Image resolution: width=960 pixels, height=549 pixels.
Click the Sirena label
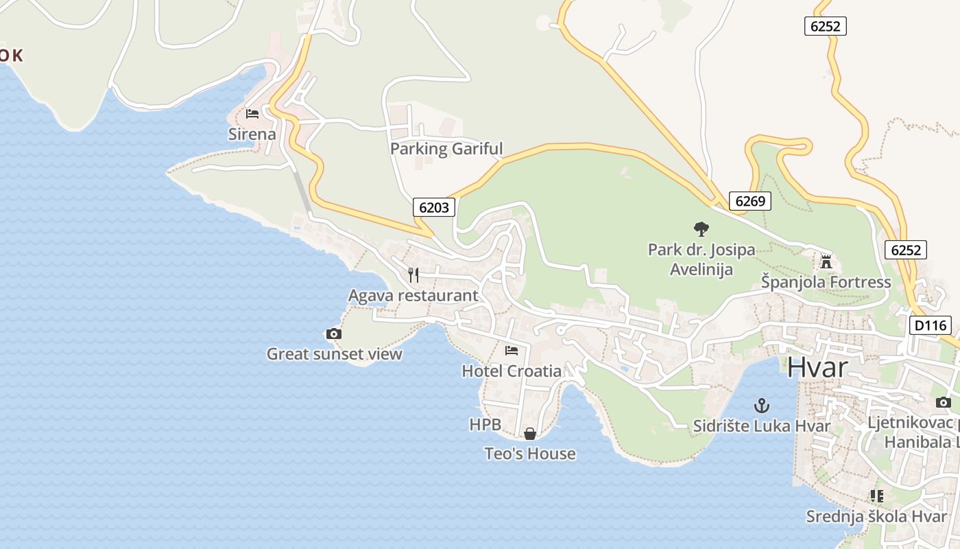coord(252,134)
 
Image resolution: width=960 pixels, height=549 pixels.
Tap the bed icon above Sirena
coord(252,113)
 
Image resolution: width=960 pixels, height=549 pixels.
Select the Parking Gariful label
coord(446,148)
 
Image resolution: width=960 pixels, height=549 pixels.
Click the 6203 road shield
coord(434,207)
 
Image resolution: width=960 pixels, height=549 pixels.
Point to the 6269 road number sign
coord(749,200)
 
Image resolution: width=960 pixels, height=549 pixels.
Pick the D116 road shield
coord(930,325)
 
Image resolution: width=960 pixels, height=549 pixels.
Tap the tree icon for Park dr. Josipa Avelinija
coord(701,229)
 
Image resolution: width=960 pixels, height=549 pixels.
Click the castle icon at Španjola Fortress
coord(826,261)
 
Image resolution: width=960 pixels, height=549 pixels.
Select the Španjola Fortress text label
coord(826,282)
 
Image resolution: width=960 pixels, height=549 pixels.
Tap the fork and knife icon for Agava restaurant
coord(413,275)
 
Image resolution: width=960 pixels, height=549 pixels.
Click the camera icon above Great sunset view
coord(334,334)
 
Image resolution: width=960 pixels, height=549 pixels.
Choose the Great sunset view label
coord(334,354)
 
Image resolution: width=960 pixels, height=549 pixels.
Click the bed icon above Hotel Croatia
coord(512,351)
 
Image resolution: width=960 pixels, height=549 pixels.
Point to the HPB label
coord(485,425)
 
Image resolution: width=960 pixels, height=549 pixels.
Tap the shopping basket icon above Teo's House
coord(530,434)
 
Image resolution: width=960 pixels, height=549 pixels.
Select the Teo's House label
coord(530,454)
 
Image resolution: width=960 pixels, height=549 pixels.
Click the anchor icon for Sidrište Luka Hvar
coord(761,406)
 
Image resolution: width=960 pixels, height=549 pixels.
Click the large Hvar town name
coord(817,367)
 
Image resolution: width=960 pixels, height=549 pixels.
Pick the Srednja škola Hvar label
coord(876,516)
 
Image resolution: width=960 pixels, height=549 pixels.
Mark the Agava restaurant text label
coord(413,296)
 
